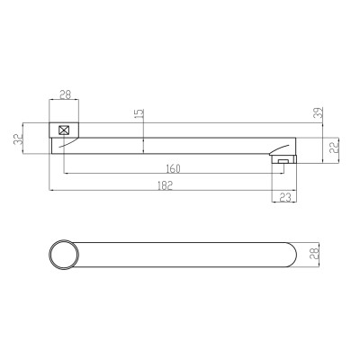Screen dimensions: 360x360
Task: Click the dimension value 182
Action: (166, 185)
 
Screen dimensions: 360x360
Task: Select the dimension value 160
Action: (173, 169)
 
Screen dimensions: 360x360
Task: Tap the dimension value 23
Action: (285, 197)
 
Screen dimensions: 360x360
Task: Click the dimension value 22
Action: (334, 147)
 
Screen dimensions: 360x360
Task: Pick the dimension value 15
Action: (139, 113)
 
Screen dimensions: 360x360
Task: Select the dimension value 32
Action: (19, 139)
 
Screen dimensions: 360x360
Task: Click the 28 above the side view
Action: (65, 94)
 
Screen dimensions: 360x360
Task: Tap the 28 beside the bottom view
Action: (315, 254)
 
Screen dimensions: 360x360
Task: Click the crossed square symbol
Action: (64, 130)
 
